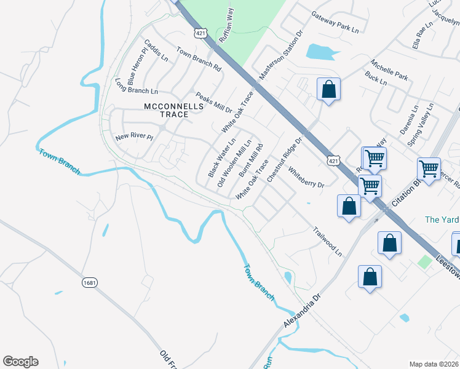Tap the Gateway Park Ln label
335,22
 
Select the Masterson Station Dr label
281,55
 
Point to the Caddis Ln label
156,51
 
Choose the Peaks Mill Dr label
213,103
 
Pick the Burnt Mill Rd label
251,161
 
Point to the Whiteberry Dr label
306,177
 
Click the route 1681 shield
90,282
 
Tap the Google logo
20,362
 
